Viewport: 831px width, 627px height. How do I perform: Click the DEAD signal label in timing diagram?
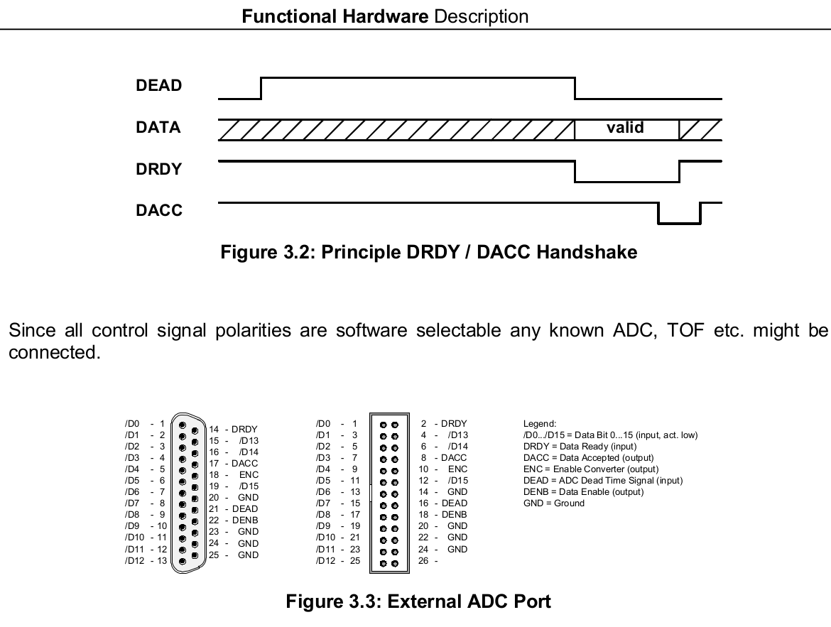[x=158, y=85]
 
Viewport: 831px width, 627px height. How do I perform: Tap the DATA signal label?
[x=158, y=127]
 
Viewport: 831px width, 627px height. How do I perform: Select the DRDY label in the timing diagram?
[x=158, y=169]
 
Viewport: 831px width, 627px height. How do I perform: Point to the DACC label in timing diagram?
[x=158, y=210]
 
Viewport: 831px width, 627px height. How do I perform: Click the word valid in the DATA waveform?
[x=625, y=127]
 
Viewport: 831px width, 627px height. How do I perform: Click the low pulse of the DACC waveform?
[x=680, y=223]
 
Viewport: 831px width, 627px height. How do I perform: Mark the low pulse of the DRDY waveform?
[x=627, y=182]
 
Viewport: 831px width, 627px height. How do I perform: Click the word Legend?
[x=540, y=423]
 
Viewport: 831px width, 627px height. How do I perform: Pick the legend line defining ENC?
[x=591, y=469]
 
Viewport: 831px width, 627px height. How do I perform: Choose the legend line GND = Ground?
[x=554, y=503]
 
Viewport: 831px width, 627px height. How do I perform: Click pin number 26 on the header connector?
[x=423, y=560]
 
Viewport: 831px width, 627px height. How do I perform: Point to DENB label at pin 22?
[x=245, y=520]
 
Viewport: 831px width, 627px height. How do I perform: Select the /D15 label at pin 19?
[x=249, y=486]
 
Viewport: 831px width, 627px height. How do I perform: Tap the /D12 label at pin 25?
[x=325, y=560]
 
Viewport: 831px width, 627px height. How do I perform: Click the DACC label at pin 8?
[x=454, y=457]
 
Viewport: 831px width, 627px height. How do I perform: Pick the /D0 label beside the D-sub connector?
[x=132, y=423]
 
